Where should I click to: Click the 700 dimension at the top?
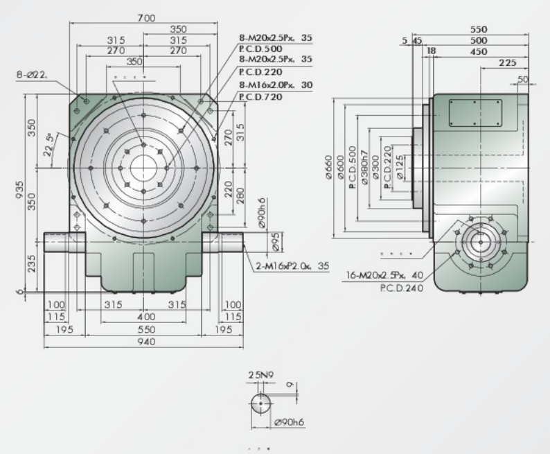(146, 17)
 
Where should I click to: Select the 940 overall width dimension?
(145, 342)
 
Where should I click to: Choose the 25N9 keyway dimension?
(260, 374)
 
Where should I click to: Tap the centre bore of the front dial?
(143, 167)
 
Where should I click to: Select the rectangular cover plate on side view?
(475, 111)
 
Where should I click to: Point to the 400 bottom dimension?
(145, 316)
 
